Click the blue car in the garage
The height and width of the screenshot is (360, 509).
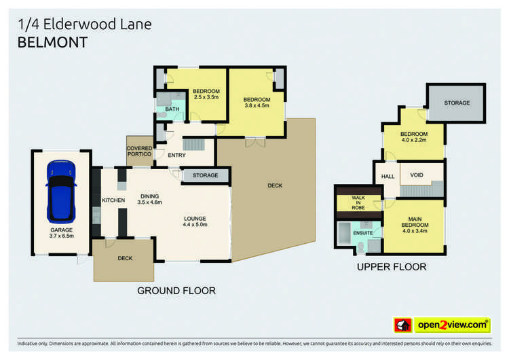pos(61,192)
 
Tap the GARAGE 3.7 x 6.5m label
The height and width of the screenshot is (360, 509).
pos(61,233)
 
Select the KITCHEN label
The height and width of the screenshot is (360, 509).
pos(113,200)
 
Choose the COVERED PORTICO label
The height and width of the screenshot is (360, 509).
pos(139,151)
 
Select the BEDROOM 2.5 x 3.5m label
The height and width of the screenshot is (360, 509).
pos(206,94)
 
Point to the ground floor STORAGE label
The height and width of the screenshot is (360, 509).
pos(205,176)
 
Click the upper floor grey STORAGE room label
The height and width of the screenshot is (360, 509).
pos(457,103)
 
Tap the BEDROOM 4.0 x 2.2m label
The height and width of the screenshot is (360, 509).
pos(413,137)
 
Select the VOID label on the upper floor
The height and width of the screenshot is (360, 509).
pos(417,175)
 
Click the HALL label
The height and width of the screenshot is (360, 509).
pos(388,176)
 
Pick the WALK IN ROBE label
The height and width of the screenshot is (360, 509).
pos(358,203)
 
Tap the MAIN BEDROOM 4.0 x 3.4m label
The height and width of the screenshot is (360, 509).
pos(414,224)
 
